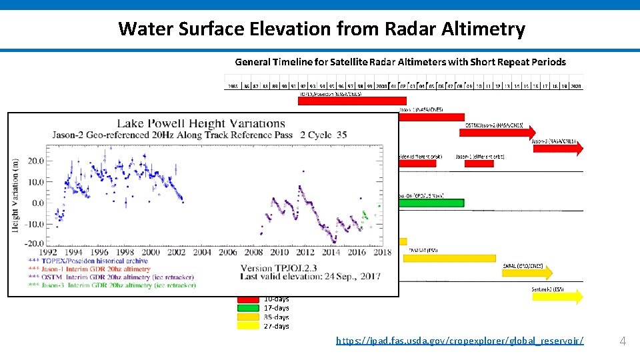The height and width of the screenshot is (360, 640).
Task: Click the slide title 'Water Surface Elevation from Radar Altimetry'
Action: (321, 29)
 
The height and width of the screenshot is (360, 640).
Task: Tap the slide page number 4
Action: (623, 341)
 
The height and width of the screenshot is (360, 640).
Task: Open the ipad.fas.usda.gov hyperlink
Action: (459, 341)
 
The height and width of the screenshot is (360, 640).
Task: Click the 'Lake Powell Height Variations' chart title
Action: (201, 123)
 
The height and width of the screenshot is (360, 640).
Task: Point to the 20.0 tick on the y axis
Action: (36, 161)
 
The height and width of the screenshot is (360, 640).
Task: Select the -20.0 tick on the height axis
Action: (35, 243)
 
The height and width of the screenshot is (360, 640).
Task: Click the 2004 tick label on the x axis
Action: (202, 253)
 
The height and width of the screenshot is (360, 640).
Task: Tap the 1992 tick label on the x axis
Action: (48, 253)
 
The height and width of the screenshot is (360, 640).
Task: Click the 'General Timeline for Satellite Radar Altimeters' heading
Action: (400, 62)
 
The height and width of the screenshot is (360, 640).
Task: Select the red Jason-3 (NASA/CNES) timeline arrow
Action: (557, 148)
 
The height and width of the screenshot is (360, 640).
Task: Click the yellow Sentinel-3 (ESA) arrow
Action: (557, 297)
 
